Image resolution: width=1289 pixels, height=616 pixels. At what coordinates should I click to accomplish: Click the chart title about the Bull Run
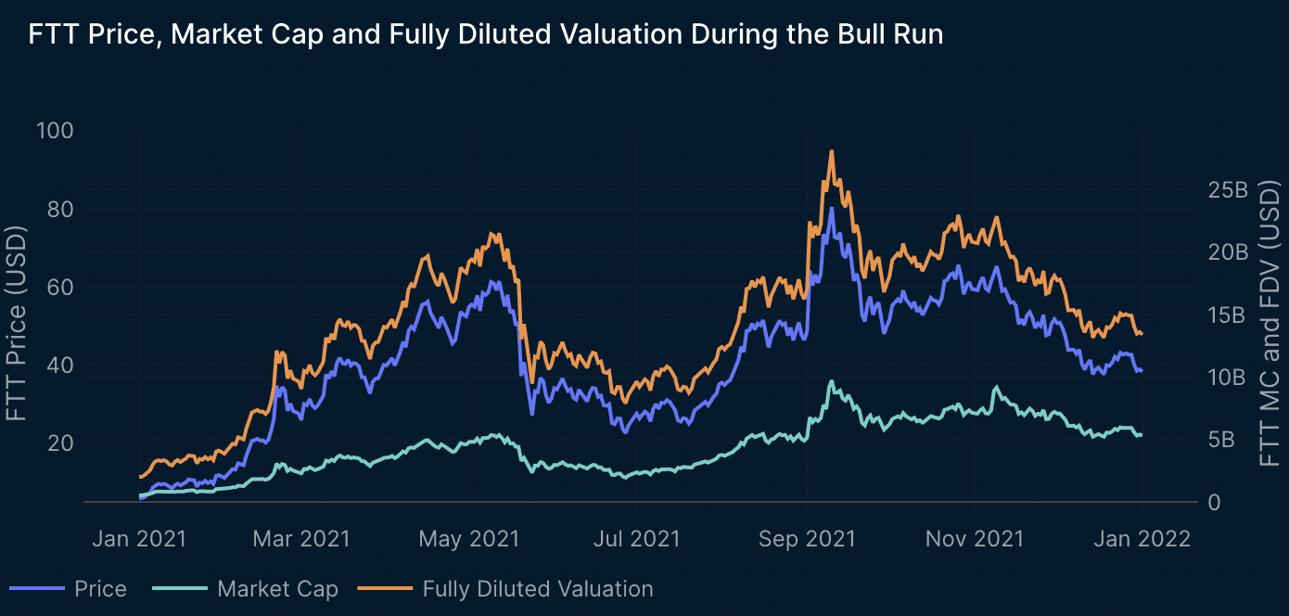(486, 35)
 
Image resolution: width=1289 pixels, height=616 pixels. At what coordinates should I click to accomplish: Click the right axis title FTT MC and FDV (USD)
(1270, 325)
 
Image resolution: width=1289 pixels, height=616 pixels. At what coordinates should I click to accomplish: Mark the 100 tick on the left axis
(53, 131)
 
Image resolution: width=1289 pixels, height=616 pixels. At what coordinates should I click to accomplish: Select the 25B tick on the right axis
(1229, 189)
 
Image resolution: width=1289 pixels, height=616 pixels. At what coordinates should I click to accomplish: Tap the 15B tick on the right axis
(1229, 314)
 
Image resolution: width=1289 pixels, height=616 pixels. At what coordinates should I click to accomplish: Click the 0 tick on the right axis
(1215, 502)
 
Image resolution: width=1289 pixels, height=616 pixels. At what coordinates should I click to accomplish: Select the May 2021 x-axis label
(469, 539)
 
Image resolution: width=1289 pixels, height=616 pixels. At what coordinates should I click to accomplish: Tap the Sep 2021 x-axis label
(807, 539)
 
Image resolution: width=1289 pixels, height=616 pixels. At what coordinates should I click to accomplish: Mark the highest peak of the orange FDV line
(832, 151)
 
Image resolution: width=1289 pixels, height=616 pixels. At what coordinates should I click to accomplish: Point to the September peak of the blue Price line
(832, 208)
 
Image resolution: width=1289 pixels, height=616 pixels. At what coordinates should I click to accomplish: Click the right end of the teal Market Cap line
(1142, 434)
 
